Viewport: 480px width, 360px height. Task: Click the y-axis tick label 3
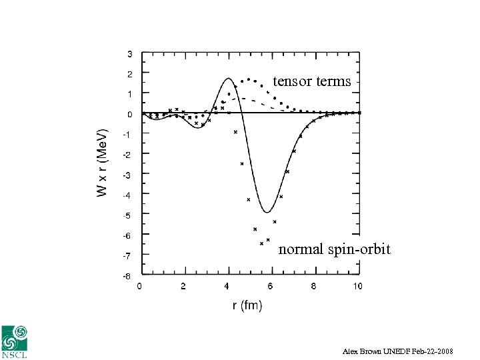[x=129, y=53]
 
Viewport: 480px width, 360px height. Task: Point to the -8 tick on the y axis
[x=127, y=275]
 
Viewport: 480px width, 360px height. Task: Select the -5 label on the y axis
[x=127, y=215]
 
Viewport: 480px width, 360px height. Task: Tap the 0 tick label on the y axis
[x=129, y=114]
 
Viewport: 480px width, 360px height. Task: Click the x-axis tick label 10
[x=357, y=286]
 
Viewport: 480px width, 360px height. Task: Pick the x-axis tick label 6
[x=270, y=286]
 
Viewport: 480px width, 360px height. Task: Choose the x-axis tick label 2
[x=183, y=286]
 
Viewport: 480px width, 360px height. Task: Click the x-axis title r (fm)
[x=247, y=305]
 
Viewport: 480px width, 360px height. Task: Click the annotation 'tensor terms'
[x=311, y=81]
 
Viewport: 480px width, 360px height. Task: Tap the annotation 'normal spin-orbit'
[x=334, y=249]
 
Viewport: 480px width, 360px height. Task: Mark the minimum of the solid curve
[x=267, y=213]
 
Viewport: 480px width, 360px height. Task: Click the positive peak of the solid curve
[x=228, y=78]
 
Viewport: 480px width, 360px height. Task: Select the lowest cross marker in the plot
[x=261, y=243]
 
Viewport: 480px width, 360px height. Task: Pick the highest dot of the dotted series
[x=249, y=79]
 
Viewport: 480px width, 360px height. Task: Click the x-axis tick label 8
[x=314, y=286]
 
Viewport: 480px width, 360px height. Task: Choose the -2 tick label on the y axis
[x=127, y=154]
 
